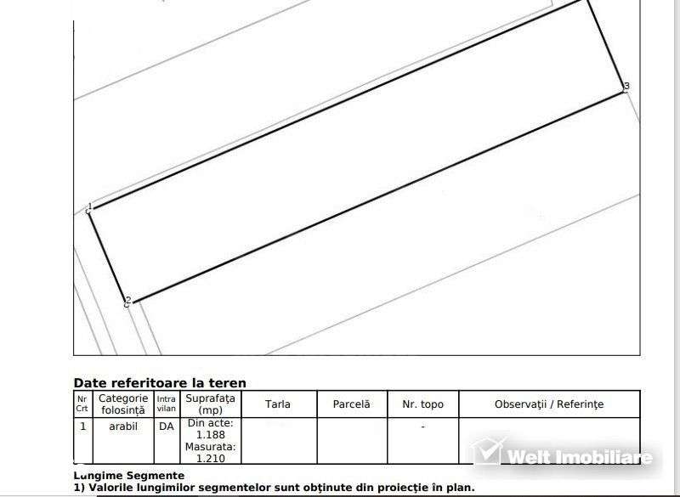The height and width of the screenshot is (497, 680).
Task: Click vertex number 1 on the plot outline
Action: pos(89,208)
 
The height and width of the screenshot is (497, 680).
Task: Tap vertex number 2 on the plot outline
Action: pos(128,302)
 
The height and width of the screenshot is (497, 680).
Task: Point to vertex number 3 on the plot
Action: pos(626,87)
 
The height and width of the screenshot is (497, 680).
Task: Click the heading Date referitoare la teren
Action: pos(160,383)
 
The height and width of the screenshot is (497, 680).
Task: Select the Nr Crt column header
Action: pos(82,404)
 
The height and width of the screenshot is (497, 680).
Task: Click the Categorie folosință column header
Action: pos(123,404)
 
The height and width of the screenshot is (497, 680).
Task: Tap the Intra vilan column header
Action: pos(166,404)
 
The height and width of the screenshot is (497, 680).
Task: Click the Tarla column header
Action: pos(278,404)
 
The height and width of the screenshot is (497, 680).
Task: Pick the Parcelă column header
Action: pos(351,404)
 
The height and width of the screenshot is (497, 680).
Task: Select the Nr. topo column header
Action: pos(422,404)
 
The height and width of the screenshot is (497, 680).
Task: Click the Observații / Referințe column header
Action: pos(549,404)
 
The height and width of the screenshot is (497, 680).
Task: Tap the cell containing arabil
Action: pos(123,426)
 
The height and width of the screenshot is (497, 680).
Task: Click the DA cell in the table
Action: pos(166,426)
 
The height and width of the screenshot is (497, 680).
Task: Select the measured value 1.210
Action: pos(210,458)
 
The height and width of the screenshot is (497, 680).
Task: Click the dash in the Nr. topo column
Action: pos(422,426)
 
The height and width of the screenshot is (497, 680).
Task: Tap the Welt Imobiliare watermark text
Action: pos(580,457)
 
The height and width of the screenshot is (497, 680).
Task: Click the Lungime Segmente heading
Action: pos(128,476)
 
